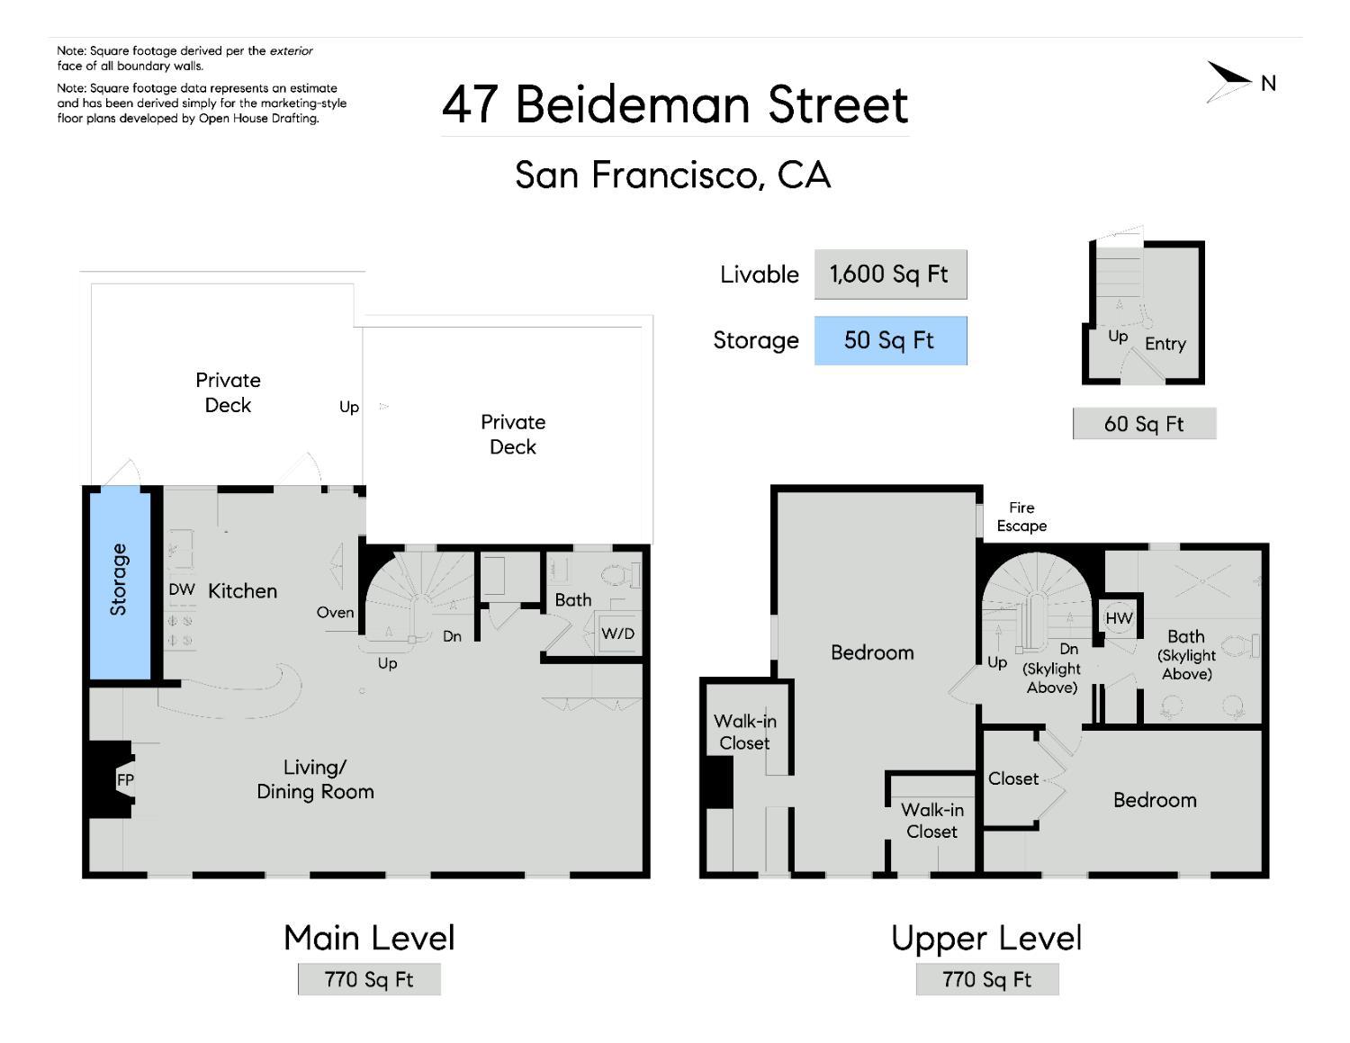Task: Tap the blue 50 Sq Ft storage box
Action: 890,340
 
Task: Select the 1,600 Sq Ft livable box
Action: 890,274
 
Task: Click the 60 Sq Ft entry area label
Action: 1144,424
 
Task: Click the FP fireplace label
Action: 125,779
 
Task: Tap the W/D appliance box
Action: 618,634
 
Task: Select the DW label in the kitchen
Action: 182,589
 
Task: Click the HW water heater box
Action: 1119,618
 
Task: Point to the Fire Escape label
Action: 1021,517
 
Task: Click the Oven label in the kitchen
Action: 335,613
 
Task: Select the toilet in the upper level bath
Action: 1246,645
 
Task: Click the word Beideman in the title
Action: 634,104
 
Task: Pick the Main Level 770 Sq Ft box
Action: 369,979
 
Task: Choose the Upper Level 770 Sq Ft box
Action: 987,979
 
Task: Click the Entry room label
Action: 1165,344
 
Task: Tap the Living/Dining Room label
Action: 315,779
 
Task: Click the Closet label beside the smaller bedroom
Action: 1013,778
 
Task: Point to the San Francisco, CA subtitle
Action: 672,175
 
